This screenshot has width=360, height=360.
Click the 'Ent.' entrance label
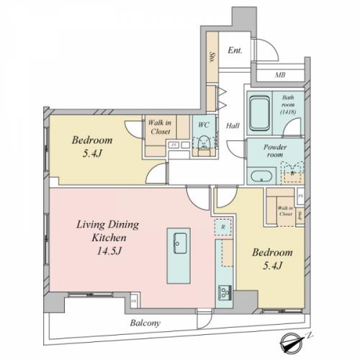(x=235, y=50)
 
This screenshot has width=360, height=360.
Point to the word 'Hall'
(x=233, y=125)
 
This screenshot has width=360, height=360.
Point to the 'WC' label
(x=203, y=124)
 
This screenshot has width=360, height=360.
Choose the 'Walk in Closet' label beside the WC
(x=159, y=127)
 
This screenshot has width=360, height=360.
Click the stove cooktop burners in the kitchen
(x=224, y=292)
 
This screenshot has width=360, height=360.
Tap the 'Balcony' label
(x=145, y=323)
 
